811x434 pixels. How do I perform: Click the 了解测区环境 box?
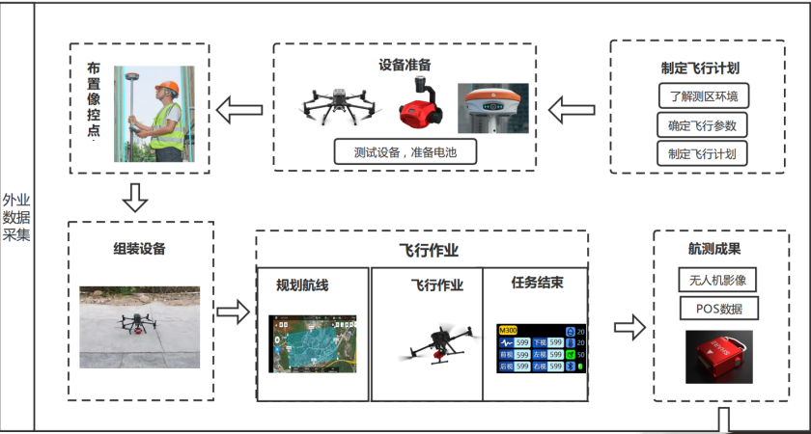pos(702,96)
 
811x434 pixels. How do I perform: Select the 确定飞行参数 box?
pos(702,124)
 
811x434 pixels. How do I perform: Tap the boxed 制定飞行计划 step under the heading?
pos(702,152)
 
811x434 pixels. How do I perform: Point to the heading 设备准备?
pos(405,64)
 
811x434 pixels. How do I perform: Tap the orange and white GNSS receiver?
pos(492,106)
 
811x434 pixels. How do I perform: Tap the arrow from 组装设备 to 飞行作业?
pos(233,312)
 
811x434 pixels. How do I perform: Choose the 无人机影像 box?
pos(718,281)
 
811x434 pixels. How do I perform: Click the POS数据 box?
pos(718,309)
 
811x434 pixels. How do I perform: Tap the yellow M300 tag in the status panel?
pos(508,330)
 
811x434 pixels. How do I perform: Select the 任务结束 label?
pos(537,284)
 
